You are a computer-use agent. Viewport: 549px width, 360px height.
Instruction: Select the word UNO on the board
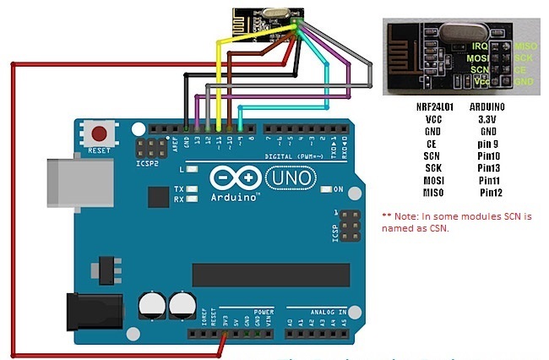(292, 178)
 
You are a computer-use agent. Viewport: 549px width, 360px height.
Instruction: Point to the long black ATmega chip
(270, 275)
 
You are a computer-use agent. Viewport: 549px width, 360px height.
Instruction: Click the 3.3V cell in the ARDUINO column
(487, 119)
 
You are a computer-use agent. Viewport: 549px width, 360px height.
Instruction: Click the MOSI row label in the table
(434, 180)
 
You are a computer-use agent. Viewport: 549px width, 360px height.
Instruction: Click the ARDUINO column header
(486, 107)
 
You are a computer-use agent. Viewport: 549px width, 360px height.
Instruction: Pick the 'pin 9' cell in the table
(488, 144)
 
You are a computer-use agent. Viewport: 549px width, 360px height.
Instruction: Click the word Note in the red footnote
(408, 216)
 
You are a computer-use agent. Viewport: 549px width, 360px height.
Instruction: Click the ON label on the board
(338, 188)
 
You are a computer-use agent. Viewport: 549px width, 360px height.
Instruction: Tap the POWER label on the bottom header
(264, 311)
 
